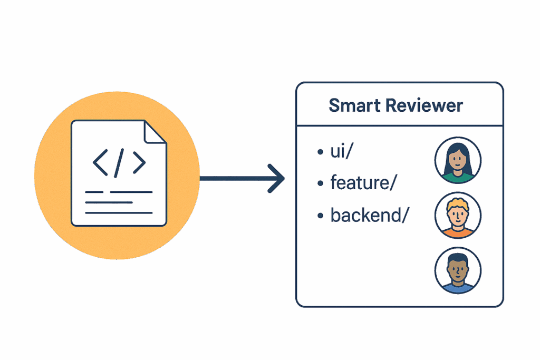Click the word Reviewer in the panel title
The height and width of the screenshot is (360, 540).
[424, 105]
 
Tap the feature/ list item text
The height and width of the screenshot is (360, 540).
[363, 183]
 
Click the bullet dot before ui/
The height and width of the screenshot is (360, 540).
[320, 153]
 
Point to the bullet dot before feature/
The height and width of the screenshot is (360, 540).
[320, 184]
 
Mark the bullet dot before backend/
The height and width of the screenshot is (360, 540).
[320, 216]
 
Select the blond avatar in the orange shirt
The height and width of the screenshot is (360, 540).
[457, 215]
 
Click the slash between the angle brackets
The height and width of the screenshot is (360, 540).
[119, 162]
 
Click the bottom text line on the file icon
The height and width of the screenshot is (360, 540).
[119, 213]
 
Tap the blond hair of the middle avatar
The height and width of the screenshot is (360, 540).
[457, 203]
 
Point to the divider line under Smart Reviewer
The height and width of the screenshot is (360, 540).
[399, 126]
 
